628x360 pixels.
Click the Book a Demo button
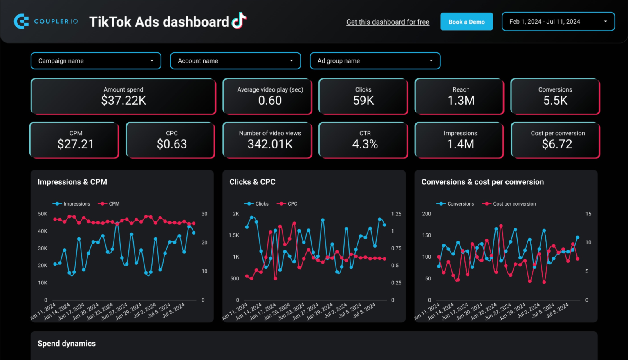click(x=467, y=22)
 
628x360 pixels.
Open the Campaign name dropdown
click(x=96, y=61)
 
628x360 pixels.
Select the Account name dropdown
click(x=235, y=61)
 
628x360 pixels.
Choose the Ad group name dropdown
click(x=375, y=61)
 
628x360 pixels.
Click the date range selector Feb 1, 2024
click(x=558, y=22)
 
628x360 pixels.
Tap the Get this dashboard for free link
click(x=388, y=22)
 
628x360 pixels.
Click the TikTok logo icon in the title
click(x=239, y=20)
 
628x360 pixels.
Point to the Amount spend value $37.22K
click(x=123, y=101)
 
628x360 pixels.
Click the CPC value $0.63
click(x=172, y=144)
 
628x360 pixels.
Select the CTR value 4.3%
click(x=365, y=144)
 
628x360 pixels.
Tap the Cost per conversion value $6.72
click(x=557, y=144)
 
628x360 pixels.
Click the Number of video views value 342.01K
click(x=270, y=144)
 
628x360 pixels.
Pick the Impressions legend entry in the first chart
click(x=72, y=203)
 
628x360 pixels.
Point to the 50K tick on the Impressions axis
click(x=43, y=214)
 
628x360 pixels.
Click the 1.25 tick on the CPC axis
click(x=396, y=214)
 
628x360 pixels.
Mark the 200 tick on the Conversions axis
click(x=426, y=214)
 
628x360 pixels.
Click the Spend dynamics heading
click(x=67, y=344)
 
